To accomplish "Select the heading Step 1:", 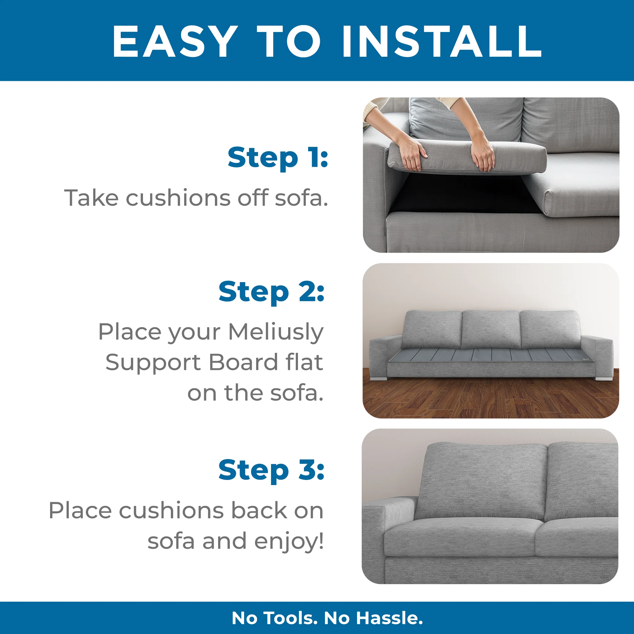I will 278,158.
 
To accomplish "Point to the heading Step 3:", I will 271,470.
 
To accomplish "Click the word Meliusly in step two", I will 276,332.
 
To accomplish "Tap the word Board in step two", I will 243,362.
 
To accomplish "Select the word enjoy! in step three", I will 289,541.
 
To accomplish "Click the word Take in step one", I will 91,198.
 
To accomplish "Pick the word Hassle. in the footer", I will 390,618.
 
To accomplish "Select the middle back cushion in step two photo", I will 491,329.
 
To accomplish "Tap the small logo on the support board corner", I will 586,359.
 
